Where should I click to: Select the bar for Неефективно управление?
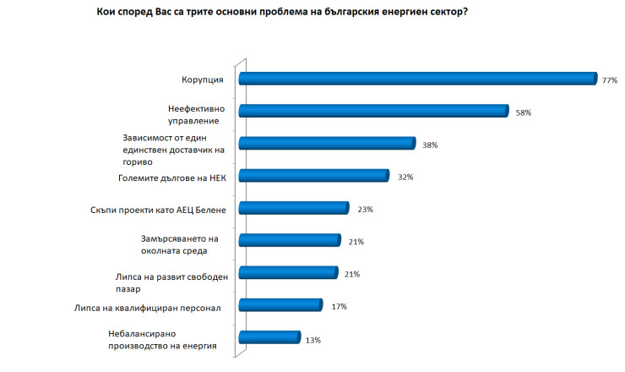point(372,111)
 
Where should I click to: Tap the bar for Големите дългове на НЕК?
point(312,176)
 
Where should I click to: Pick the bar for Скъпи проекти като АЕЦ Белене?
point(293,208)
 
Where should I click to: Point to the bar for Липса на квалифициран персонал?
point(280,305)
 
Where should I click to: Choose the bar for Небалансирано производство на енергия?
point(269,337)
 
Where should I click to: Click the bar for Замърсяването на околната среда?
point(289,240)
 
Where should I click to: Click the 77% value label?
point(610,80)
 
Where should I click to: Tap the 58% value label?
point(523,112)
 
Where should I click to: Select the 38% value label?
point(430,145)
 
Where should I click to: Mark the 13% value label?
point(313,339)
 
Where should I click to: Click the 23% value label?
point(363,210)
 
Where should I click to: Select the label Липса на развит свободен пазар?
point(169,282)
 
